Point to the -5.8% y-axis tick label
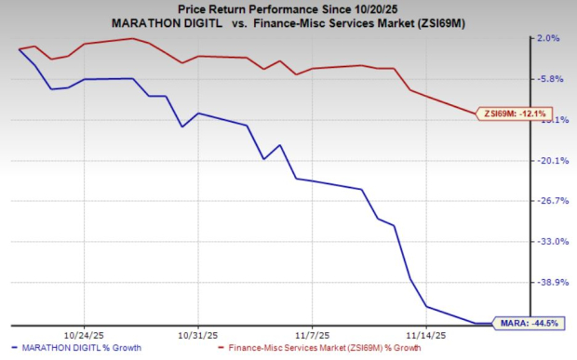tap(547, 79)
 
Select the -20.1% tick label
tap(547, 160)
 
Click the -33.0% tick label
tap(547, 241)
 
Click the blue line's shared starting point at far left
tap(19, 48)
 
